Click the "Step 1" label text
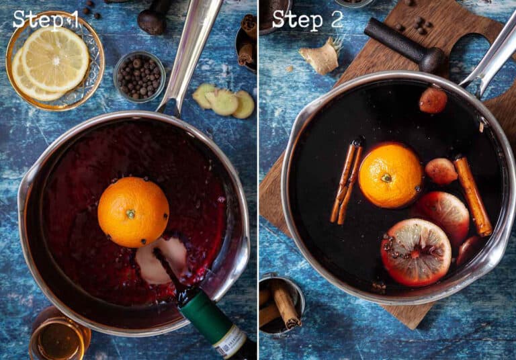click(46, 19)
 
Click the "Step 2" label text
click(307, 19)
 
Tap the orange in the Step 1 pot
click(133, 212)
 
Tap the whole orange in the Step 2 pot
click(390, 175)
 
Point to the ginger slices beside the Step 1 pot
click(224, 101)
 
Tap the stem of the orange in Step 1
click(130, 214)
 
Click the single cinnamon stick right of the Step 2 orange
click(473, 195)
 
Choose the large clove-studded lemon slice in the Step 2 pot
click(416, 252)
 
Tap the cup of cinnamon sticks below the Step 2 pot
click(280, 306)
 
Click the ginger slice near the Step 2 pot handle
click(433, 100)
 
